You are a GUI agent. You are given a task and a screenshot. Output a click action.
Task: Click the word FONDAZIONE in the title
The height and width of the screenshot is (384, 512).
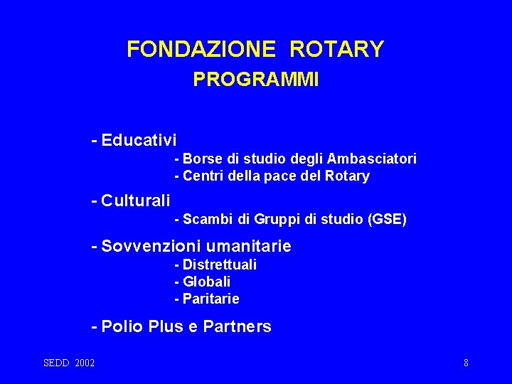point(201,49)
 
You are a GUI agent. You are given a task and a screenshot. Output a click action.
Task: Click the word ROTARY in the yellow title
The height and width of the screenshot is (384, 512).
point(336,49)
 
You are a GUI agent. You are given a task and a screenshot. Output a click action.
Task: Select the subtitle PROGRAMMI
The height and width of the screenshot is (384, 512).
point(256,80)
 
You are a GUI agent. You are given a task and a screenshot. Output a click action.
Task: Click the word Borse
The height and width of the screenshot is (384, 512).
point(201,159)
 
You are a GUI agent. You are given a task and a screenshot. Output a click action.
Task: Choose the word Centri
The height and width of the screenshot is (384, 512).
point(203,176)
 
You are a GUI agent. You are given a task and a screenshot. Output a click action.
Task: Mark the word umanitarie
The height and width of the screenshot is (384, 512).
point(248,247)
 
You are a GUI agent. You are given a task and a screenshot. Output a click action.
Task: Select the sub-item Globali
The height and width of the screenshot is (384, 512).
point(206,282)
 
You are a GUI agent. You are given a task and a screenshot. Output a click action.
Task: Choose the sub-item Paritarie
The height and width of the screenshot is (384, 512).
point(210,299)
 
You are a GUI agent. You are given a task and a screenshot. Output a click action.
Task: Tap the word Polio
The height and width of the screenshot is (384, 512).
point(123,327)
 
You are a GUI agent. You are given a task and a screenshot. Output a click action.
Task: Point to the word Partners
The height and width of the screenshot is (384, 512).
point(237,327)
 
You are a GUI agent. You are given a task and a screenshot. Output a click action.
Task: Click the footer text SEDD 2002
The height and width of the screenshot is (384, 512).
point(69,363)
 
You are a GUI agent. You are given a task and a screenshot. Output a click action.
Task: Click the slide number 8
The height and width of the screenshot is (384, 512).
point(466,363)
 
